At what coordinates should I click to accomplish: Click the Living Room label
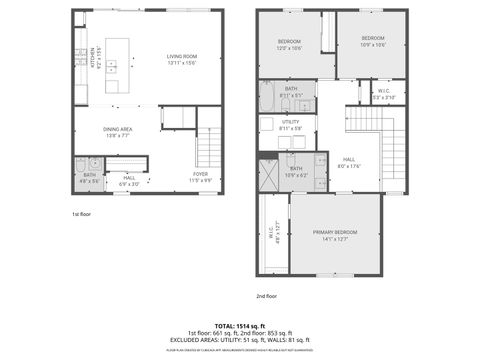pos(182,59)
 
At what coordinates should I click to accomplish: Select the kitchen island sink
pos(113,68)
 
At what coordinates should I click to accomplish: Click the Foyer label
pos(201,177)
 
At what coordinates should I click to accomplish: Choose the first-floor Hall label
pos(130,181)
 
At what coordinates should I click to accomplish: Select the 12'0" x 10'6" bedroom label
pos(289,43)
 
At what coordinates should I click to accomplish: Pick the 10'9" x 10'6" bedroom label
pos(372,41)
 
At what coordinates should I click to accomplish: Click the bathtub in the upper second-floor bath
pos(269,99)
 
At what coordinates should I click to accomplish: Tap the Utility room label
pos(290,125)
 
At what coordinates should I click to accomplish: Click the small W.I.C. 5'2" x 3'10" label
pos(384,95)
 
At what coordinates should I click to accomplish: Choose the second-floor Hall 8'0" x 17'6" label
pos(348,162)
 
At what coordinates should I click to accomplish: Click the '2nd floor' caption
pos(266,296)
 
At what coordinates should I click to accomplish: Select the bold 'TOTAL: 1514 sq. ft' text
pos(240,326)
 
